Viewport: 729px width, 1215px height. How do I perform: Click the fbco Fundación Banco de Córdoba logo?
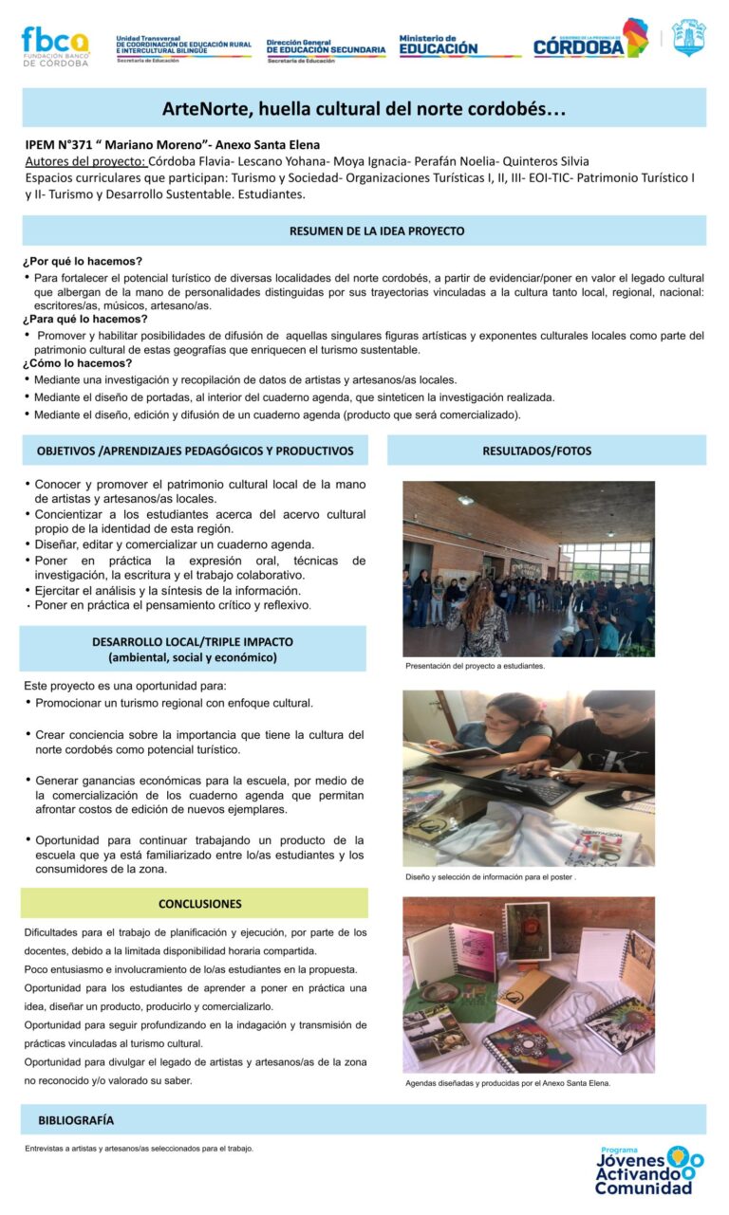pos(54,46)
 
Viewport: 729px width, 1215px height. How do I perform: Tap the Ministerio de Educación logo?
pos(438,45)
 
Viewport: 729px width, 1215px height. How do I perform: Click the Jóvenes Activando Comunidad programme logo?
pos(649,1170)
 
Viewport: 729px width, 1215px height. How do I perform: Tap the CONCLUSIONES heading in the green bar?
pos(199,903)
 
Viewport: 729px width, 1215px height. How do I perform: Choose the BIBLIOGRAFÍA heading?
pos(76,1120)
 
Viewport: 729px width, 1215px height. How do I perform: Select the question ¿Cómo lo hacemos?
pos(78,363)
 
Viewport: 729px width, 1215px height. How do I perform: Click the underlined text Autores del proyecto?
pos(84,161)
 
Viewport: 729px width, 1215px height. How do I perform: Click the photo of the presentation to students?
pos(528,568)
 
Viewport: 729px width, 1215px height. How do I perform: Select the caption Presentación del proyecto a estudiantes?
pos(475,666)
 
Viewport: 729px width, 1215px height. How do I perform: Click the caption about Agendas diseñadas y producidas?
pos(507,1082)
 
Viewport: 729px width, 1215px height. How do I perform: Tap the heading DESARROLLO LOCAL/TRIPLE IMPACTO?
pos(193,642)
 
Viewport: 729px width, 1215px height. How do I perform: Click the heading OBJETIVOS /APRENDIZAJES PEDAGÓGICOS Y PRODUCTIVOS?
pos(195,451)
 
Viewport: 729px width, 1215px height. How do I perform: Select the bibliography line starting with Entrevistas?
pos(139,1149)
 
